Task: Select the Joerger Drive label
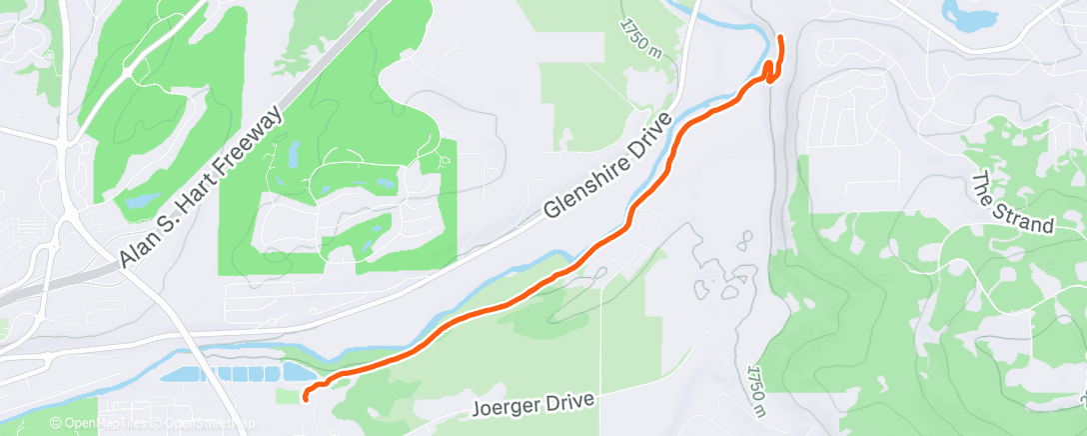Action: pyautogui.click(x=536, y=404)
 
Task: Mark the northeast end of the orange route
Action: pyautogui.click(x=779, y=38)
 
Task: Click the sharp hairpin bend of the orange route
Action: pyautogui.click(x=769, y=66)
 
